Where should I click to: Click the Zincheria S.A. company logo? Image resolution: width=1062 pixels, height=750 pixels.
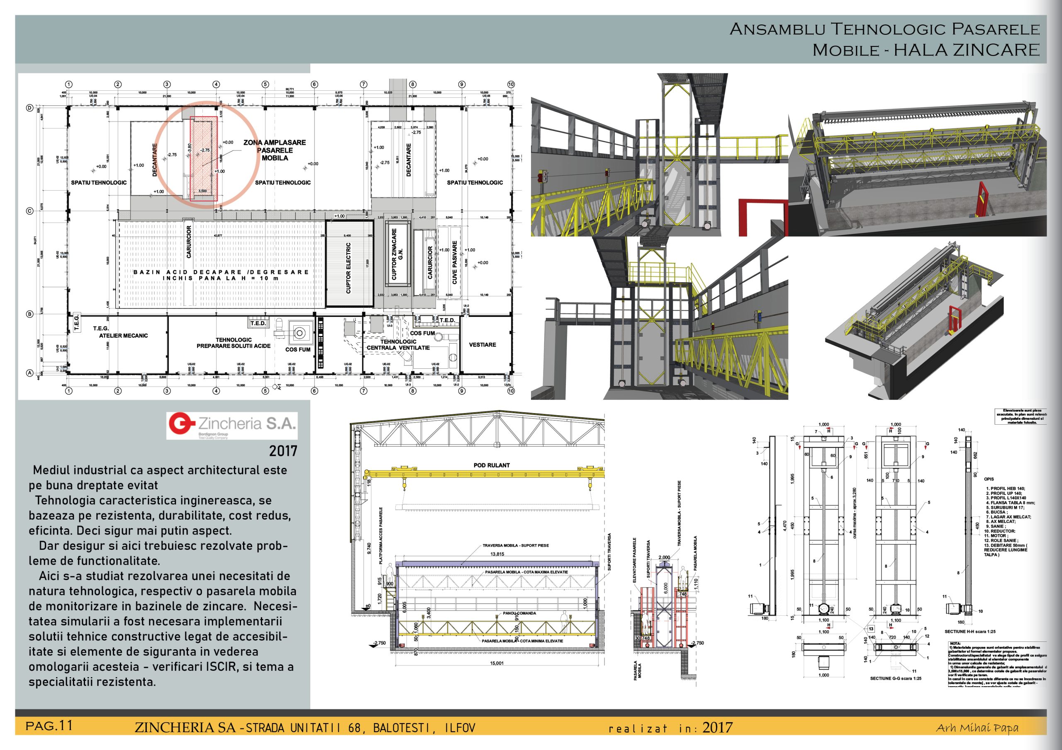[232, 425]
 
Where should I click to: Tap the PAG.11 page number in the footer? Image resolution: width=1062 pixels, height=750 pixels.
[49, 726]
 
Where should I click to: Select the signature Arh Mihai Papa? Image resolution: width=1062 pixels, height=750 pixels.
[977, 728]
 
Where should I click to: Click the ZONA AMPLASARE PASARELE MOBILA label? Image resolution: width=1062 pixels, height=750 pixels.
[275, 150]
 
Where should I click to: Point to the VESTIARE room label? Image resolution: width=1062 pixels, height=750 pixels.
[482, 345]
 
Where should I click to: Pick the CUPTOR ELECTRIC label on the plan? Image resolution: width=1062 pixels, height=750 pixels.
[348, 268]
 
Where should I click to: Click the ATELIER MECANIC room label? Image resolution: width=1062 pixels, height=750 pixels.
[123, 336]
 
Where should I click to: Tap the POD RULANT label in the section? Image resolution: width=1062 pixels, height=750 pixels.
[491, 465]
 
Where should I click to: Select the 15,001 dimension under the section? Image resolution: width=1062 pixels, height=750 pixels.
[497, 663]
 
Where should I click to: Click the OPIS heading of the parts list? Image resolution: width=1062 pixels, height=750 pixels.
[989, 479]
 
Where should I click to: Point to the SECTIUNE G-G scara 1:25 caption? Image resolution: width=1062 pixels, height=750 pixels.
[896, 678]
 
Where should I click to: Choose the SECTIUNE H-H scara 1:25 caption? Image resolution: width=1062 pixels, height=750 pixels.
[970, 631]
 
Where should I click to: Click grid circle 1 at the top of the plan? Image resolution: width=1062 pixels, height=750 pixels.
[69, 84]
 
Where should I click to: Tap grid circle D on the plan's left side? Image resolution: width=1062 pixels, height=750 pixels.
[29, 108]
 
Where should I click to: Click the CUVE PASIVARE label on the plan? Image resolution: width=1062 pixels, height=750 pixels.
[454, 262]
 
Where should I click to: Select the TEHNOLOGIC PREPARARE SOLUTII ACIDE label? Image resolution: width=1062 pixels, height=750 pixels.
[234, 343]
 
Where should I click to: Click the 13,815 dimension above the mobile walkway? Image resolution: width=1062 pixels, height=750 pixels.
[497, 554]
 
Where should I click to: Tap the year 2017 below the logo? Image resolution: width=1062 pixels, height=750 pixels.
[283, 451]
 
